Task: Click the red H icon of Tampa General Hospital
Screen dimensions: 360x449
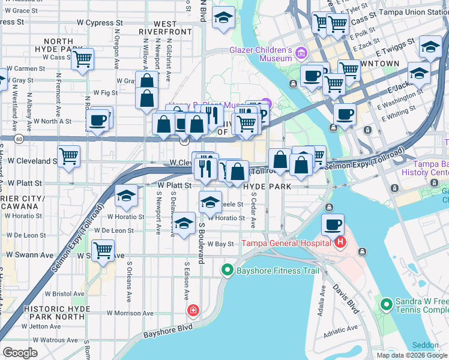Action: coord(340,242)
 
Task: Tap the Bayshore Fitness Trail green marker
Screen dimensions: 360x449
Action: coord(227,271)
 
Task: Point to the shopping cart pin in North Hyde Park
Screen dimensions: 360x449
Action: coord(82,59)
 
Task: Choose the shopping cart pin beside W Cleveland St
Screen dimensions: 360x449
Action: coord(69,157)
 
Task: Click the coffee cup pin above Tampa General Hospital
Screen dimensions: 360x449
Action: coord(333,225)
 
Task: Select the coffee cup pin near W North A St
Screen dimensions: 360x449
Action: coord(97,119)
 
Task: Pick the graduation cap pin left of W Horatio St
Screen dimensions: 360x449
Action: coord(126,196)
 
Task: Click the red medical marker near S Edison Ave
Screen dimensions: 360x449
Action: coord(193,310)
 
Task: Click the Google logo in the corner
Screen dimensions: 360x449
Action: coord(20,352)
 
